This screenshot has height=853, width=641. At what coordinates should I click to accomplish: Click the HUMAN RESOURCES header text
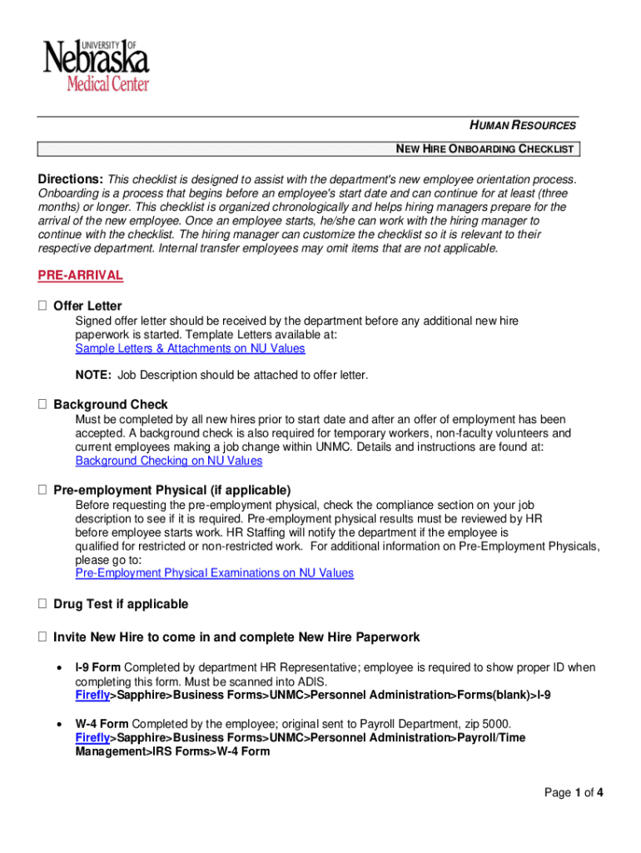(x=523, y=126)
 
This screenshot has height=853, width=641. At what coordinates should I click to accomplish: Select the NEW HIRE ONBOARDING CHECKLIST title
(x=484, y=149)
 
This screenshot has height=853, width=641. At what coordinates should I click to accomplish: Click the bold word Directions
(x=70, y=179)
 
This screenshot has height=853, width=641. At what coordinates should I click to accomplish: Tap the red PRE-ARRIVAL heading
(x=80, y=276)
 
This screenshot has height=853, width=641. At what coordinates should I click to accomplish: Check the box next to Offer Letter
(x=42, y=307)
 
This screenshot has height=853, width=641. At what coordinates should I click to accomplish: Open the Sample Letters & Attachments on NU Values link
(x=190, y=348)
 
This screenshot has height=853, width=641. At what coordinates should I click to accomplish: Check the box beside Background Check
(x=42, y=405)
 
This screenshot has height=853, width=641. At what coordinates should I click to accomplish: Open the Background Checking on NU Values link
(x=169, y=461)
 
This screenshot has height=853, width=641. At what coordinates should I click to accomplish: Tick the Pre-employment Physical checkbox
(x=42, y=490)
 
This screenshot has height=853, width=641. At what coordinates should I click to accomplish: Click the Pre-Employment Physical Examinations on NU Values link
(x=214, y=573)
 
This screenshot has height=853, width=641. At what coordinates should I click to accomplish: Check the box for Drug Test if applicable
(x=42, y=604)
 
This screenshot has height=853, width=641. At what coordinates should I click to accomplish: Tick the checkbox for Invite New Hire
(x=42, y=637)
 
